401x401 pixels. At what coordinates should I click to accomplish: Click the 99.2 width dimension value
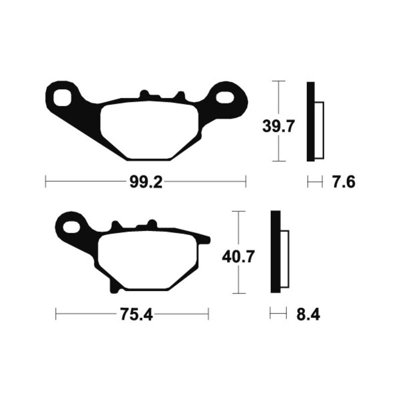click(x=145, y=182)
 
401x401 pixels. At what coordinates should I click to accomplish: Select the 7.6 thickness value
click(x=343, y=182)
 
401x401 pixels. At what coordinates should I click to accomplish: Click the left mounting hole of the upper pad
click(x=64, y=96)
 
